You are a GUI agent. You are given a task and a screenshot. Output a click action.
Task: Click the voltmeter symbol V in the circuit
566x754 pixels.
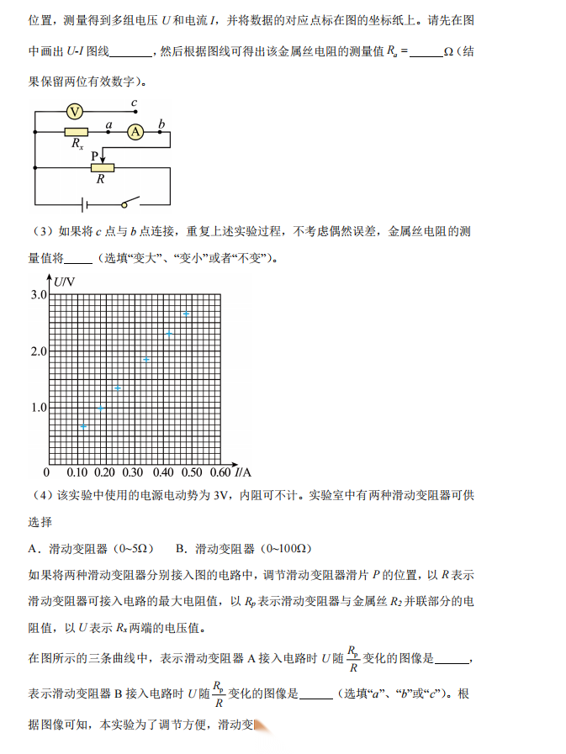tap(74, 111)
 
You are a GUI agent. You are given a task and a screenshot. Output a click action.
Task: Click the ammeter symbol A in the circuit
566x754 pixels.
tap(135, 131)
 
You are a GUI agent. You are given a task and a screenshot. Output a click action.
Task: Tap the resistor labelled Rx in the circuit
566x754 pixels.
tap(76, 132)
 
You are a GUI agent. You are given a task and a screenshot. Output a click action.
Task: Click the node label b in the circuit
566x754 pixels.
tap(161, 124)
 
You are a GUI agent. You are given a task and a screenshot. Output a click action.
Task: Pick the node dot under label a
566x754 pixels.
tap(108, 132)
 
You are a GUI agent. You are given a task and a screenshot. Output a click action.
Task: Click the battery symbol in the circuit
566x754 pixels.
tap(82, 203)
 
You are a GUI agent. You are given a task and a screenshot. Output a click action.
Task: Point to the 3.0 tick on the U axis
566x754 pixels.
tap(39, 295)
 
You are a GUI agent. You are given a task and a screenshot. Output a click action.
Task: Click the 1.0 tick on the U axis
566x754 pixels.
tap(39, 408)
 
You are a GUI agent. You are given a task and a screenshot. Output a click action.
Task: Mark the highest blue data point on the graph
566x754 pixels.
tap(186, 314)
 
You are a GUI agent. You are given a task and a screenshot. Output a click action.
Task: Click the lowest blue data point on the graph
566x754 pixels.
tap(83, 426)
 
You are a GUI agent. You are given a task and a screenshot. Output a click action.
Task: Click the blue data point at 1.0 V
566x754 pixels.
tap(101, 408)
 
